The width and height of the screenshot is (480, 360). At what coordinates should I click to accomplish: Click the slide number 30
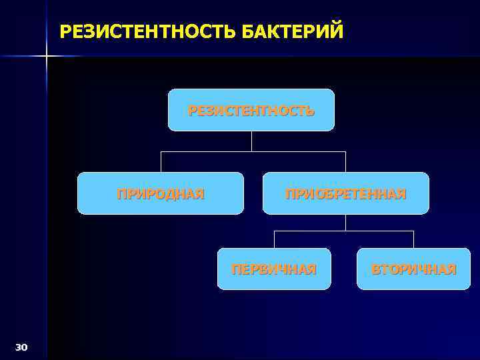21,347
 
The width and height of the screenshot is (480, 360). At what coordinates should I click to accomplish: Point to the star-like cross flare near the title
47,56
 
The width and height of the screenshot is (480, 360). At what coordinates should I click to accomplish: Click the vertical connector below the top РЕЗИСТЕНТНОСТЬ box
251,141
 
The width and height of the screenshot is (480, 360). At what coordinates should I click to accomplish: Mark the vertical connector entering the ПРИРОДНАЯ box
161,161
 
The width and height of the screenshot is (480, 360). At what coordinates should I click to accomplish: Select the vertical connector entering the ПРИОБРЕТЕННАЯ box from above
345,161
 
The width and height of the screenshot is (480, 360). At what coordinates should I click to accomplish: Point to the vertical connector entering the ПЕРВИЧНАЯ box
274,239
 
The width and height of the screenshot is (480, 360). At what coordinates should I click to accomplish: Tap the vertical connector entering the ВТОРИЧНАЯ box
413,239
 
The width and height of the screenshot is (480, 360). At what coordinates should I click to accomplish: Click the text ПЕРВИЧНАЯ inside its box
273,269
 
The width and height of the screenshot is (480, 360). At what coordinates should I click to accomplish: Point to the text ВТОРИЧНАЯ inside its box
413,269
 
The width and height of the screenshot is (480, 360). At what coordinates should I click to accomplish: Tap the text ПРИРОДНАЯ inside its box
161,194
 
